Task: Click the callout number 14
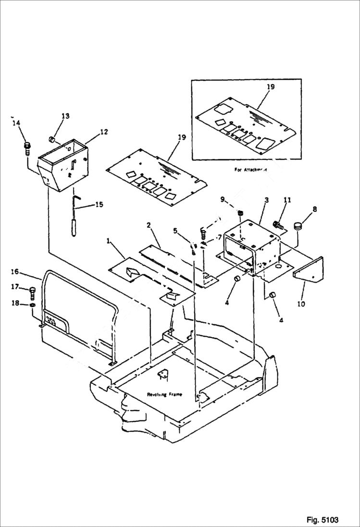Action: coord(17,123)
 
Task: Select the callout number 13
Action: coord(65,116)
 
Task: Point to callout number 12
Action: coord(104,132)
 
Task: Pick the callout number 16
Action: coord(14,272)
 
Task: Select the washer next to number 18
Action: coord(32,305)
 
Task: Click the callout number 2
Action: coord(149,225)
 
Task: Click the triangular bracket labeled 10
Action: coord(309,270)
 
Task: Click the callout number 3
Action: coord(266,199)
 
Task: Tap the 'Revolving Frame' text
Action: coord(165,394)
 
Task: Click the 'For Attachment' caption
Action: coord(250,170)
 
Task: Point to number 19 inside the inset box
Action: coord(270,87)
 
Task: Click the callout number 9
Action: coord(222,199)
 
